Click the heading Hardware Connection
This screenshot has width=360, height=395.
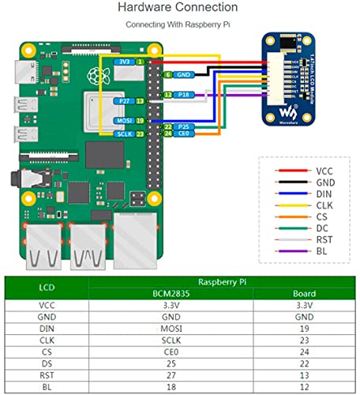click(x=177, y=7)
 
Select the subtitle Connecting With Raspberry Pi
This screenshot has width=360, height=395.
click(x=177, y=25)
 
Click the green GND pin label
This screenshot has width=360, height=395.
click(x=183, y=74)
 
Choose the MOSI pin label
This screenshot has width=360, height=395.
click(x=122, y=120)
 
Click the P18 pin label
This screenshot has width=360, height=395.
click(x=183, y=94)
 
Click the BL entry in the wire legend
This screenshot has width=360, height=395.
click(x=322, y=252)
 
